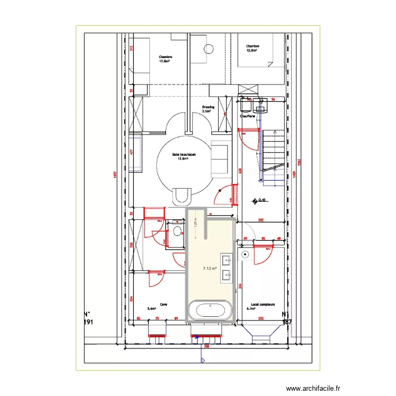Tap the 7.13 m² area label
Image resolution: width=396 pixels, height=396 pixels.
[210, 268]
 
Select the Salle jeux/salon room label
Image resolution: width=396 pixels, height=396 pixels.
[184, 156]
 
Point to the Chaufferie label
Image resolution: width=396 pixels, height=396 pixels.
[247, 116]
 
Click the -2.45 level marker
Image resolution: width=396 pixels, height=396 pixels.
[261, 200]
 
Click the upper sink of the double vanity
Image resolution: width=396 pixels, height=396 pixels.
[227, 259]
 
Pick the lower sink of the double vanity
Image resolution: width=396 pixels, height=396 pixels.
[227, 275]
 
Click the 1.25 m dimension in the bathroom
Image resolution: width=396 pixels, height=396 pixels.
[195, 224]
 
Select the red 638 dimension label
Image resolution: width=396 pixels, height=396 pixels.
[240, 171]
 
